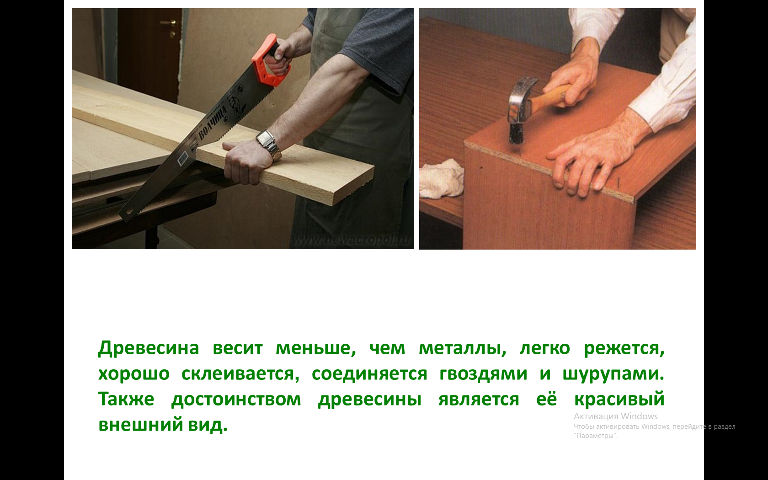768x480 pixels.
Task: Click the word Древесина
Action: tap(149, 348)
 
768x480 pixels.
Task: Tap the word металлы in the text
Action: tap(462, 348)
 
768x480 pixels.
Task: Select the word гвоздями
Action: tap(483, 374)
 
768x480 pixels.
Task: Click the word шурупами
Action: tap(613, 374)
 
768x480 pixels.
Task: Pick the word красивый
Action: tap(619, 400)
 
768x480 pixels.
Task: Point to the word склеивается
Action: tap(240, 374)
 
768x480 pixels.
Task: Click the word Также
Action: tap(126, 400)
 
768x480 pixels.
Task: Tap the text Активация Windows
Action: tap(615, 416)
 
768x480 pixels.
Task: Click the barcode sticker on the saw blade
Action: tap(182, 158)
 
